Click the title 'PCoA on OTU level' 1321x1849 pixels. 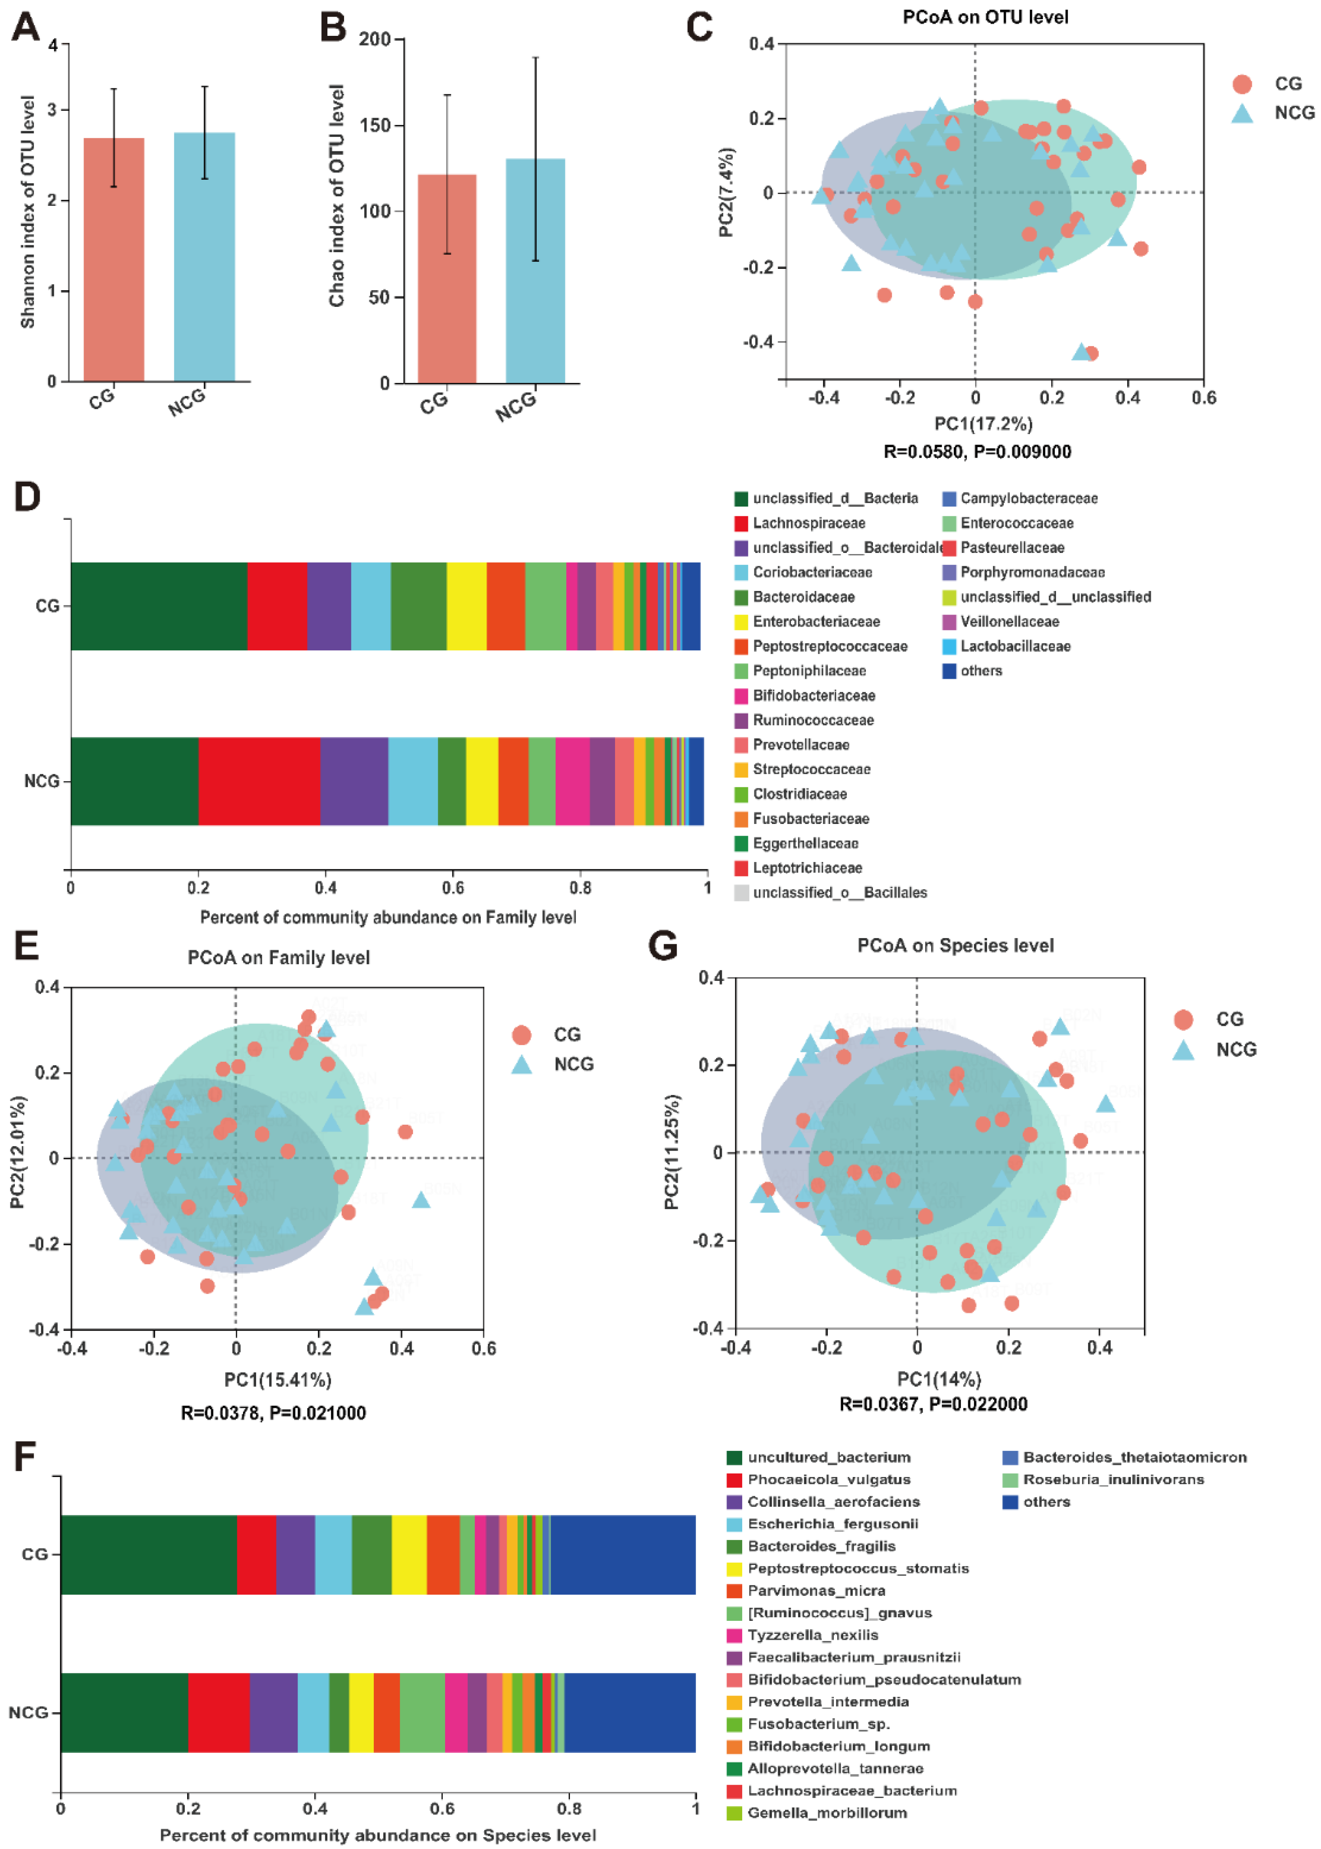(x=985, y=17)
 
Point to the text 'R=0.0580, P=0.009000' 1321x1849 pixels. (x=977, y=452)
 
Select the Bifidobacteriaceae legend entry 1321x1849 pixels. (x=813, y=695)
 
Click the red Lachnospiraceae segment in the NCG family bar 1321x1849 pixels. (x=259, y=781)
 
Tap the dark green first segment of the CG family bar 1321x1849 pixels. (x=159, y=606)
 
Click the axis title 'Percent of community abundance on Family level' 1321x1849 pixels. (x=388, y=918)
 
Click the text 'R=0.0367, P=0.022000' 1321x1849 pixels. (x=933, y=1404)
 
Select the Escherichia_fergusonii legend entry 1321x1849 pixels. (x=832, y=1524)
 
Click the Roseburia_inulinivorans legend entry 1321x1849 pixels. (x=1113, y=1479)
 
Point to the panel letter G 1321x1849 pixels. (x=663, y=946)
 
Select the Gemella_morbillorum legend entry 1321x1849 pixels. (x=827, y=1812)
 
